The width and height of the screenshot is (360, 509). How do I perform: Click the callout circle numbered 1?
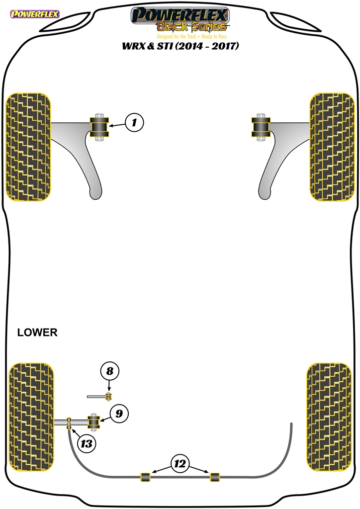click(134, 122)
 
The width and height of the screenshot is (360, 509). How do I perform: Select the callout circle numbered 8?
click(110, 371)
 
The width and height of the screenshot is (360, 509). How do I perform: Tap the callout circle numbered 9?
click(119, 414)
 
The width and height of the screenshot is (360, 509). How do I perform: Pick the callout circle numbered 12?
click(180, 464)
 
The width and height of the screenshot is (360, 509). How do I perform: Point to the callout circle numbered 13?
click(87, 443)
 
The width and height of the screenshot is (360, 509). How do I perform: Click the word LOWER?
click(37, 333)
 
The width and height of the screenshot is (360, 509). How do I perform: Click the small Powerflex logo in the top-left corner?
click(35, 14)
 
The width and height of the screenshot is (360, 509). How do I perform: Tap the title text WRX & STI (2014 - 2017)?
click(180, 46)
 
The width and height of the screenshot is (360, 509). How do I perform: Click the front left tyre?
click(28, 147)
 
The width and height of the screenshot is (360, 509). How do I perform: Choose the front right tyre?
click(332, 147)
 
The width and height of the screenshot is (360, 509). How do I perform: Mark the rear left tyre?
click(31, 417)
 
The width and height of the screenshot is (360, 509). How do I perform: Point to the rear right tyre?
click(329, 417)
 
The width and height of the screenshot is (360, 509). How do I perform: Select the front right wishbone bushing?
click(261, 127)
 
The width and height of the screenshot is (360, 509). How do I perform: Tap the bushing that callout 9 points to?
click(94, 422)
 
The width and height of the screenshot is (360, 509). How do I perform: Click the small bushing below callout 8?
click(109, 396)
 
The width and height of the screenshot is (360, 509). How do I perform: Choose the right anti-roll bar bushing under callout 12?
click(215, 477)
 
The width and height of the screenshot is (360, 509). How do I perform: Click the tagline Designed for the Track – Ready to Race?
click(192, 36)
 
